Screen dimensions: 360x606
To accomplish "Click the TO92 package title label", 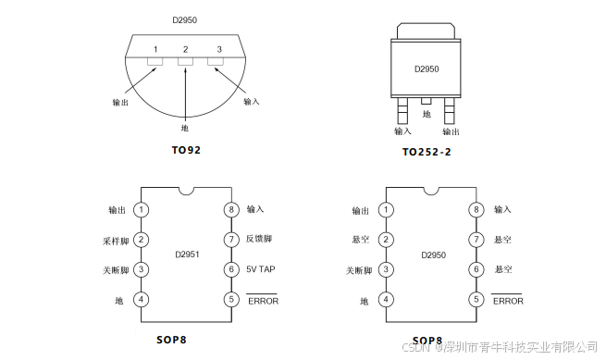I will click(x=186, y=149).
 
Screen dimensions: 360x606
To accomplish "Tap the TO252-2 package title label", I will click(x=427, y=152).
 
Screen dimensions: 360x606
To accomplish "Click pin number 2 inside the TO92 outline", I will click(x=186, y=48).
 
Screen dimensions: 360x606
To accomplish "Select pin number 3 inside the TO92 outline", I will click(x=218, y=48).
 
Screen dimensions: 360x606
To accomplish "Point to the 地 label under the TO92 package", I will click(x=185, y=128).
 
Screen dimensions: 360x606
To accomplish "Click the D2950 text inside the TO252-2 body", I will click(x=427, y=68).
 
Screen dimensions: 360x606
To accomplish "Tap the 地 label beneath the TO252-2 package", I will click(x=427, y=115).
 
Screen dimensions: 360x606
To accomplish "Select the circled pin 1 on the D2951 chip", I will click(x=142, y=210).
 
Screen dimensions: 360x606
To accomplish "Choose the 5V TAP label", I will click(x=260, y=269).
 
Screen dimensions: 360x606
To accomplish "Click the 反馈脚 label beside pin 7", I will click(x=260, y=240).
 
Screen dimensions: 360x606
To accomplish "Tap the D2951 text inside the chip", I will click(x=186, y=254).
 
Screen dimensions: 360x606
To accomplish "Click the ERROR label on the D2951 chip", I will click(x=262, y=300).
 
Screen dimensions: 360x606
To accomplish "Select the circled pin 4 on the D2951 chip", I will click(x=142, y=300).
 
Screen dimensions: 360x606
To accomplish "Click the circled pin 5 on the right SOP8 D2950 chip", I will click(x=476, y=300).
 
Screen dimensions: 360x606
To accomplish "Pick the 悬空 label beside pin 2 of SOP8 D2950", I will click(x=361, y=240).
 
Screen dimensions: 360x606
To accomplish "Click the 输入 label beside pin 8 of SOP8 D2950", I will click(x=502, y=210).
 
